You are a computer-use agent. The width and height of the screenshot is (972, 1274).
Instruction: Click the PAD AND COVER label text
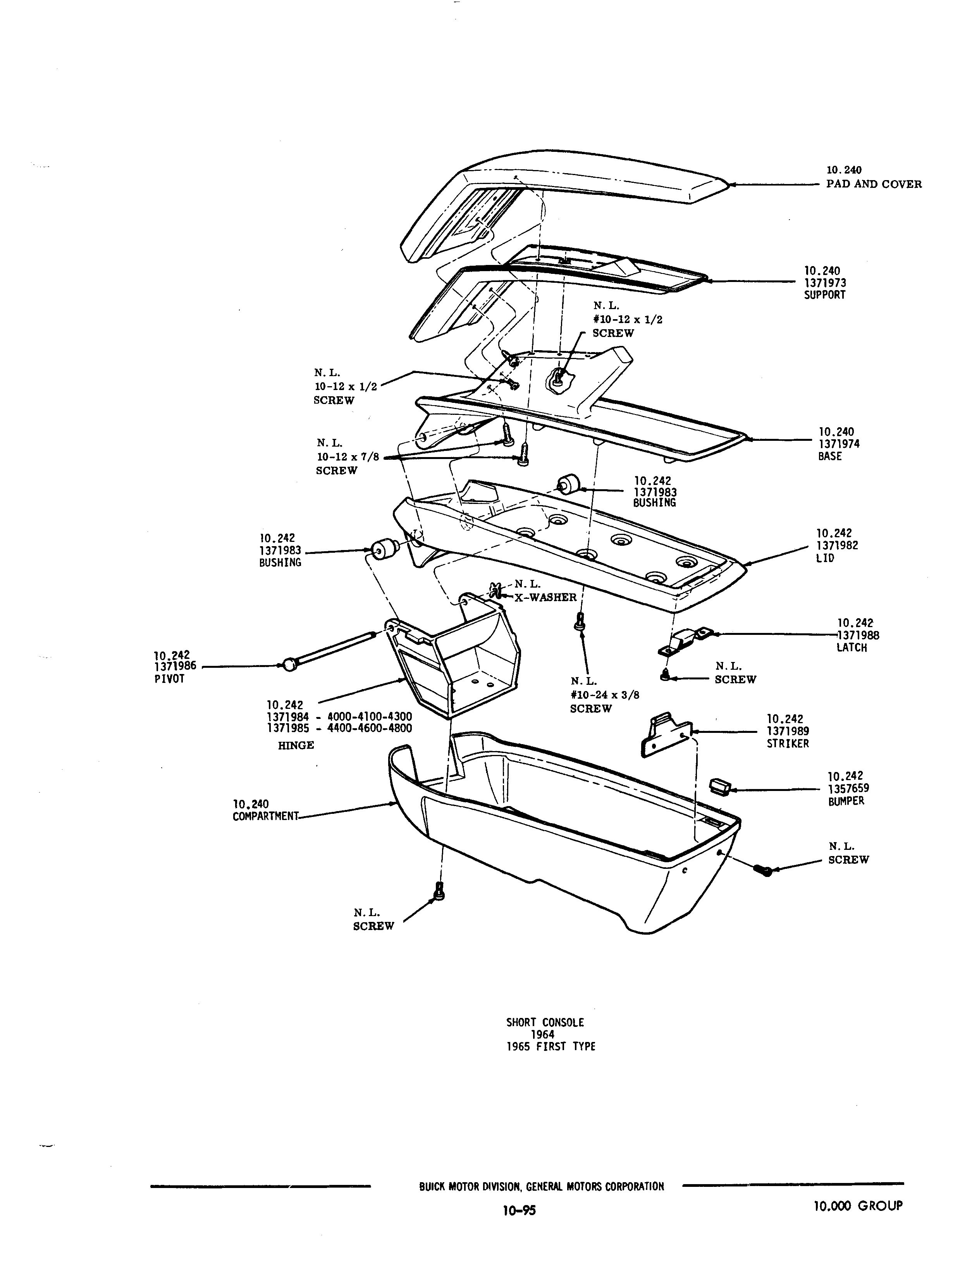874,184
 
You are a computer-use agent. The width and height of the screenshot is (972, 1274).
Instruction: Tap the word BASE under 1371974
830,456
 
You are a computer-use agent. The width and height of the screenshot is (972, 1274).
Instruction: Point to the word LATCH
852,648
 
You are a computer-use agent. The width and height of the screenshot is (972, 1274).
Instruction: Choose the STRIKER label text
788,743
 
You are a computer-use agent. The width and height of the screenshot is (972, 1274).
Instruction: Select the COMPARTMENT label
265,817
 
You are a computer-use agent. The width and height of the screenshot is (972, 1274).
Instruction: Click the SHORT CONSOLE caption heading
545,1022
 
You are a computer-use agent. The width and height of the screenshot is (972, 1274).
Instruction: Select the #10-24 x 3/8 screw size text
605,695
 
